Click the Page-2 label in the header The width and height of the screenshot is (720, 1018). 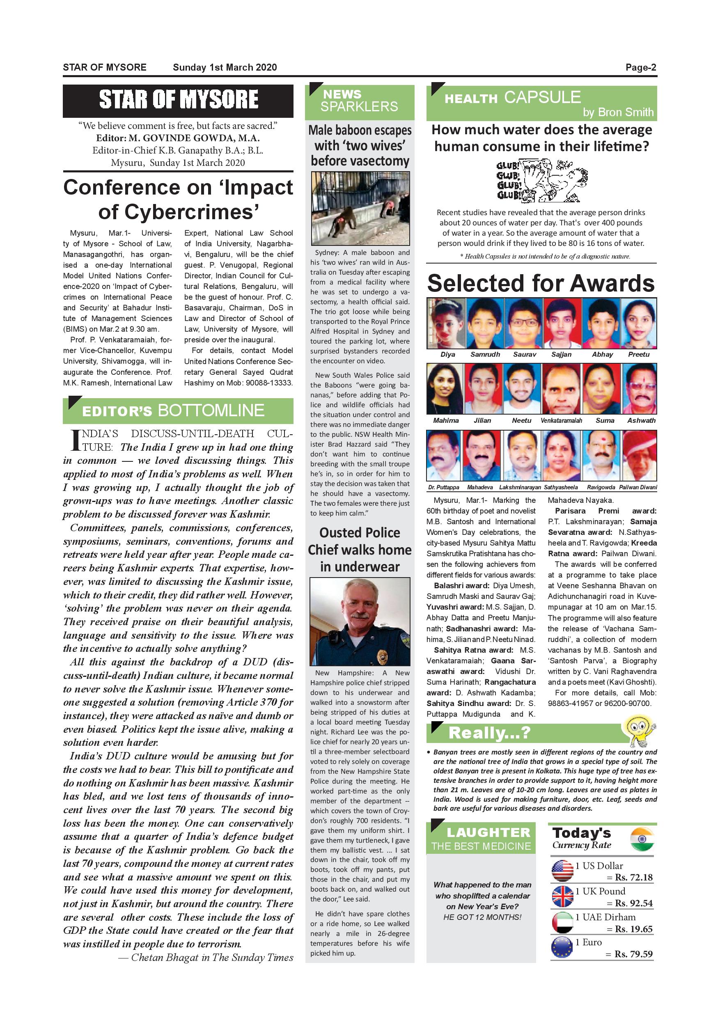(x=641, y=67)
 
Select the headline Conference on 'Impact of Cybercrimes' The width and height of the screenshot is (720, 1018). (x=178, y=199)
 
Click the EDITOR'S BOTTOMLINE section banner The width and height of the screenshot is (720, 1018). (x=178, y=410)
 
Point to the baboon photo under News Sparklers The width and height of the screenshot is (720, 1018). (x=360, y=209)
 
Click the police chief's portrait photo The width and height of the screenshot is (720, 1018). (x=360, y=621)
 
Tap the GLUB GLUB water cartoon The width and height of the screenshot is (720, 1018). (x=542, y=181)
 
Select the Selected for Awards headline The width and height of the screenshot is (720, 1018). (x=541, y=283)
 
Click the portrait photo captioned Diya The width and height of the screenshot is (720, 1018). (x=447, y=323)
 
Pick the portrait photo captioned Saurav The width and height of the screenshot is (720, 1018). (x=525, y=323)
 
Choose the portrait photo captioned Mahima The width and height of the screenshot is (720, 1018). (x=445, y=389)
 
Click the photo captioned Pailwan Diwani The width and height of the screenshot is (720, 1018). (x=639, y=455)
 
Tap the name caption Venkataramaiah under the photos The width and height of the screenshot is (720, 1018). (x=561, y=420)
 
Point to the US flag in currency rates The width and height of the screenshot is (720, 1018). (x=562, y=870)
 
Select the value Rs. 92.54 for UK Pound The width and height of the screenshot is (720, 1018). (x=633, y=903)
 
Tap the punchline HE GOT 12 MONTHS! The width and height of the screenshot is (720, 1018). (x=482, y=917)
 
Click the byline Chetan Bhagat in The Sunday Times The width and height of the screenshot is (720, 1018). (x=206, y=957)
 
